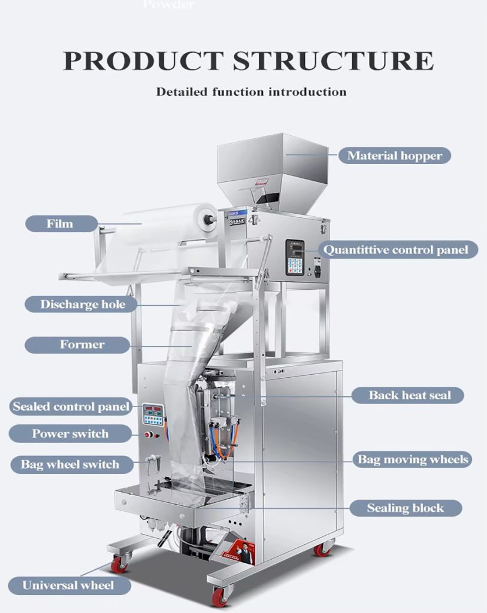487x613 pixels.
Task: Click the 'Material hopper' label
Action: tap(394, 156)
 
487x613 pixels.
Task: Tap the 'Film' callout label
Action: tap(60, 223)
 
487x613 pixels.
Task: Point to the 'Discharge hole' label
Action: tap(82, 304)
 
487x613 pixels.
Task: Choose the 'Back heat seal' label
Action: tap(409, 395)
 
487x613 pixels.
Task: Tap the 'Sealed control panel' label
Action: tap(71, 407)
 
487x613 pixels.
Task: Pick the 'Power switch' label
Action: tap(70, 433)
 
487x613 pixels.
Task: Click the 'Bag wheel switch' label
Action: tap(69, 464)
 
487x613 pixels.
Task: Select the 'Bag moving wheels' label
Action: tap(413, 460)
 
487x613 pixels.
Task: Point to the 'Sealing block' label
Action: tap(405, 508)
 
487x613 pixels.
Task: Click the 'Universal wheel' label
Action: tap(68, 585)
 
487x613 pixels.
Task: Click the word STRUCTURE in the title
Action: tap(333, 61)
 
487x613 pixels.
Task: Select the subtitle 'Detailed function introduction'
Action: tap(251, 92)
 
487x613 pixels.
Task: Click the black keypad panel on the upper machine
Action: tap(295, 258)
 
